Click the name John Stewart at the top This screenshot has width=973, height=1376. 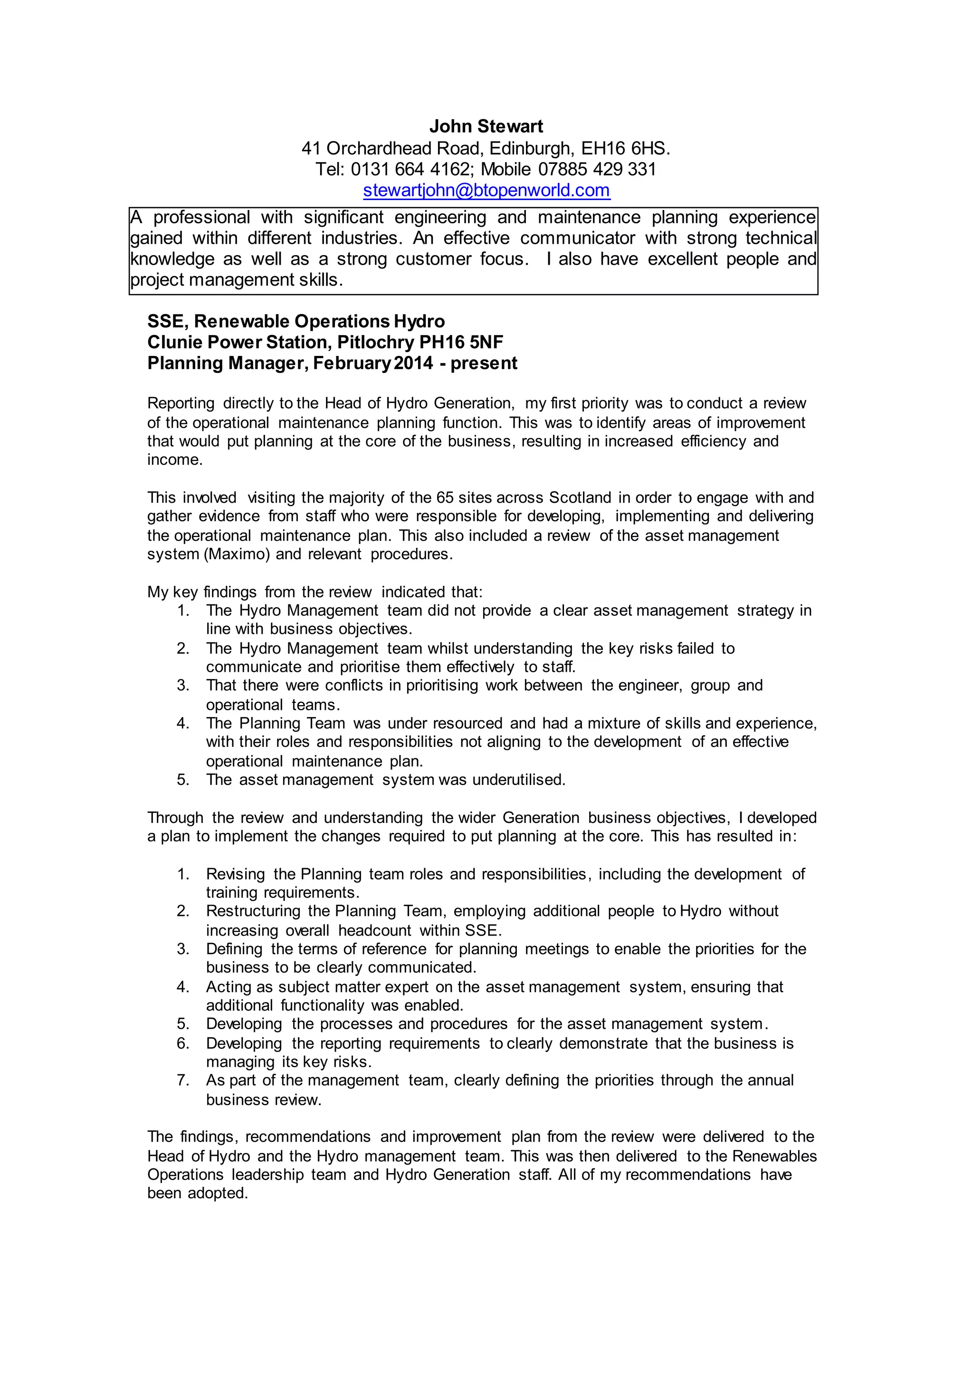click(486, 126)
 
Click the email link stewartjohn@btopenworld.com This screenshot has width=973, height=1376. click(486, 190)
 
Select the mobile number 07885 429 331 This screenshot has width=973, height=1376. click(597, 169)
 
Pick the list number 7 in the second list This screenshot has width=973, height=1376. click(183, 1080)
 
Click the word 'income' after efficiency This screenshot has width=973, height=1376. click(174, 459)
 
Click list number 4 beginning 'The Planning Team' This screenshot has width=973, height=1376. click(183, 723)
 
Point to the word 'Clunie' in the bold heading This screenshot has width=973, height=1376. click(178, 342)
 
